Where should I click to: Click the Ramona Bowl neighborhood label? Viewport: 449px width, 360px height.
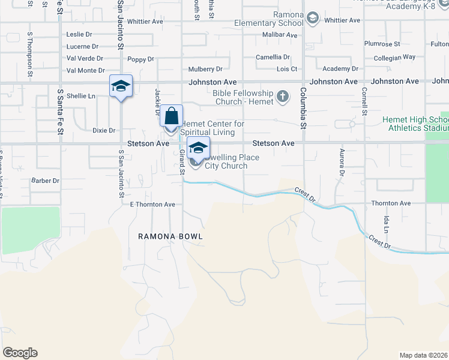point(170,236)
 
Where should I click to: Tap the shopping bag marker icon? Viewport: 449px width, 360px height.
point(171,115)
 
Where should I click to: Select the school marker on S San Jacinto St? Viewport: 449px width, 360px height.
point(121,86)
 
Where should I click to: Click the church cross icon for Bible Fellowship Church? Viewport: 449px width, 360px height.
point(282,97)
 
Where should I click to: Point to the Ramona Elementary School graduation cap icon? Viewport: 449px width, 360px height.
point(312,19)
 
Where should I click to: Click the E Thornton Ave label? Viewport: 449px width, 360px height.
point(152,205)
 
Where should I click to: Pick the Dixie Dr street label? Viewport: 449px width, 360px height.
point(103,130)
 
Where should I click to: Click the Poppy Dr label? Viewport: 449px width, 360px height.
point(140,59)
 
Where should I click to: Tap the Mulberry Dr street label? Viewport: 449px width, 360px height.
point(205,70)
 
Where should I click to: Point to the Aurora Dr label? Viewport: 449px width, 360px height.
point(342,162)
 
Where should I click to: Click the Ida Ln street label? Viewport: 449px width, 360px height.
point(387,226)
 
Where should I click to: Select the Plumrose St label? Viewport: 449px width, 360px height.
point(382,44)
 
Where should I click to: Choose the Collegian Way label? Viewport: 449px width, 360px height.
point(394,57)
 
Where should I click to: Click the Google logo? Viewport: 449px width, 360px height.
point(20,353)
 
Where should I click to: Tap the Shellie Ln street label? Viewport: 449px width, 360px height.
point(81,96)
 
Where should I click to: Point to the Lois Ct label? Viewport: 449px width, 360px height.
point(286,70)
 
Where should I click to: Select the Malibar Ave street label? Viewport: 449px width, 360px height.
point(280,35)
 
